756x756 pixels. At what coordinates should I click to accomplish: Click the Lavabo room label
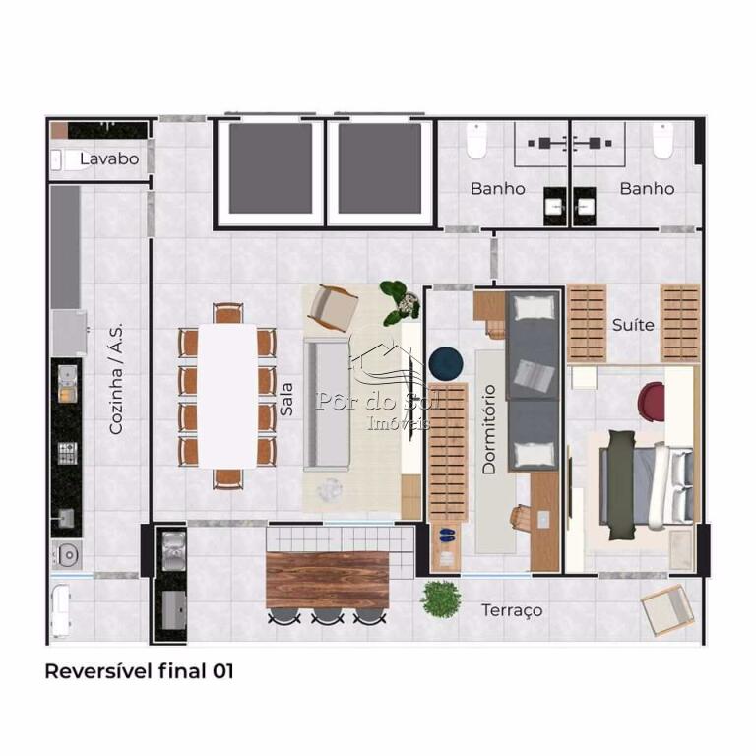[x=109, y=158]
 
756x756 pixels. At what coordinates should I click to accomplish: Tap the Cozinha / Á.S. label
[x=116, y=378]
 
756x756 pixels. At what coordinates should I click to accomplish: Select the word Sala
[x=286, y=400]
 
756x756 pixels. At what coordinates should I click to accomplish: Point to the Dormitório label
[x=489, y=429]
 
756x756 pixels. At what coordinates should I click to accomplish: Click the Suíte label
[x=633, y=325]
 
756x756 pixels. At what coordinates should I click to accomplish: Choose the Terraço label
[x=512, y=610]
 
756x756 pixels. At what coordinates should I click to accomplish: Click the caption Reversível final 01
[x=140, y=671]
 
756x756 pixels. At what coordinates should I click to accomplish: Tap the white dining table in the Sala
[x=227, y=397]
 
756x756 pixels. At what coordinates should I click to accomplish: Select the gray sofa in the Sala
[x=327, y=404]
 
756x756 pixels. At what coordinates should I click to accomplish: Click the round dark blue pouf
[x=446, y=363]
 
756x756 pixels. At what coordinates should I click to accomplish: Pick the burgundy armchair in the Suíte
[x=652, y=403]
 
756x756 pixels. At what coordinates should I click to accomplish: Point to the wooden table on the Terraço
[x=328, y=580]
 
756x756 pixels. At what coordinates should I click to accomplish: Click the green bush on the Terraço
[x=441, y=598]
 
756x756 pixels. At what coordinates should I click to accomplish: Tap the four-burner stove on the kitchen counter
[x=68, y=453]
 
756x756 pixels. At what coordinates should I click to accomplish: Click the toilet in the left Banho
[x=476, y=141]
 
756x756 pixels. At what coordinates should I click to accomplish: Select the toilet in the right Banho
[x=662, y=141]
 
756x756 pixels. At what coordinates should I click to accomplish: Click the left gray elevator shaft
[x=271, y=168]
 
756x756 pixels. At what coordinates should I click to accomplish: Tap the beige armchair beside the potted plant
[x=333, y=308]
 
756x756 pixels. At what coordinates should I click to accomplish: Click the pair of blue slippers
[x=447, y=535]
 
